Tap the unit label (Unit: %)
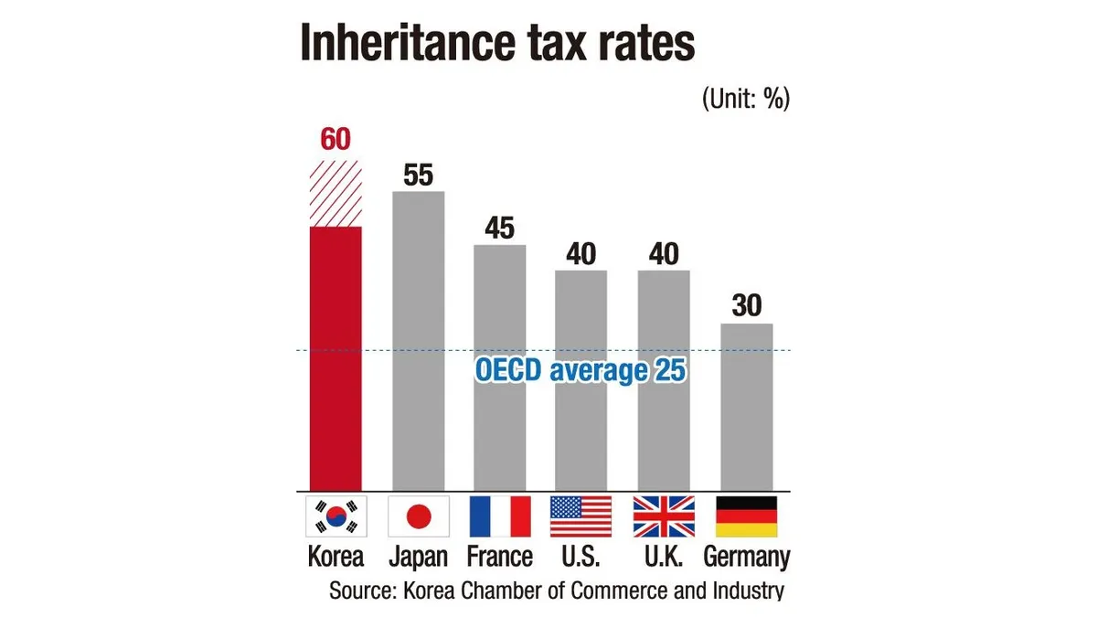coord(745,99)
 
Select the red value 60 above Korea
coord(335,140)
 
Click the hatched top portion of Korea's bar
coord(335,193)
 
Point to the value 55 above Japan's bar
coord(418,175)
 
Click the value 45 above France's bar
coord(500,228)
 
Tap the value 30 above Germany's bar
coord(747,306)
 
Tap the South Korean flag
coord(335,516)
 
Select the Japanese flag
coord(418,516)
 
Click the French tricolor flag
coord(500,516)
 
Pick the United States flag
coord(581,516)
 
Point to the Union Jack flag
coord(664,516)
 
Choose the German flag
coord(747,516)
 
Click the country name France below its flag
coord(499,557)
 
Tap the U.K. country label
coord(664,557)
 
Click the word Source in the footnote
coord(360,590)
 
